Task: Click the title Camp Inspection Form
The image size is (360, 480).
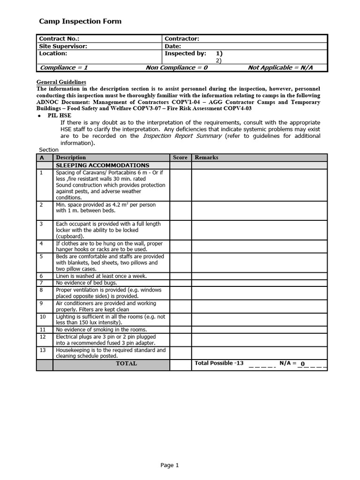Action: click(x=80, y=21)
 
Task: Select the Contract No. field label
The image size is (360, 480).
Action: click(x=59, y=39)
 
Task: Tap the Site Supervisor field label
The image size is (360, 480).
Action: click(x=63, y=46)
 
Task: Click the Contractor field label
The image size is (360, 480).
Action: click(x=182, y=39)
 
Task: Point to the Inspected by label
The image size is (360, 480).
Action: click(x=185, y=53)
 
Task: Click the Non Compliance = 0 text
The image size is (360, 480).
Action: click(x=176, y=68)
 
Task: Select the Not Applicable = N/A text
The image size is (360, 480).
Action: click(x=280, y=68)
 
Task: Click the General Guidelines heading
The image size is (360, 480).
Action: click(x=61, y=82)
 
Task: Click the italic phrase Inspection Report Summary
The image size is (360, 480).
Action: click(x=182, y=136)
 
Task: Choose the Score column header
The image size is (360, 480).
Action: click(x=180, y=157)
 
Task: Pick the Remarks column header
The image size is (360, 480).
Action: click(x=206, y=157)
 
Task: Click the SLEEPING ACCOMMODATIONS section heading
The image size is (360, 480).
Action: click(x=103, y=165)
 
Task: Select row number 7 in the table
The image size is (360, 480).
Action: click(x=41, y=283)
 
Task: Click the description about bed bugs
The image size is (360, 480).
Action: click(x=86, y=283)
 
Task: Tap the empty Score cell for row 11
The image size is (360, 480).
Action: click(x=180, y=330)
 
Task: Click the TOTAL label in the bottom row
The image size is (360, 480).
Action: click(x=126, y=364)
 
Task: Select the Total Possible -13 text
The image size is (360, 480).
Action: click(x=219, y=363)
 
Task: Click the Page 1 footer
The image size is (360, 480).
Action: click(x=170, y=465)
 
